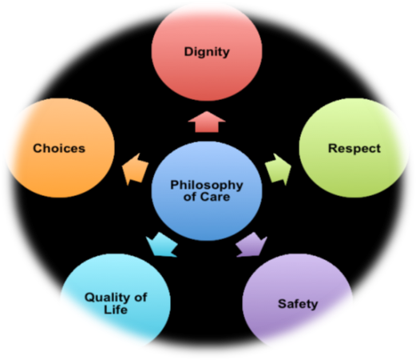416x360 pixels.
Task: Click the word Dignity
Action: click(x=207, y=52)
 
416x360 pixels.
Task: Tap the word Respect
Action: click(x=355, y=149)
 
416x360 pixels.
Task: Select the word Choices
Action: click(x=59, y=148)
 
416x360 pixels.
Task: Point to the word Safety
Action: click(x=298, y=304)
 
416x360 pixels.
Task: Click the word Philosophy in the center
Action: click(x=207, y=185)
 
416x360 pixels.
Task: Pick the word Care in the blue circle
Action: click(x=215, y=197)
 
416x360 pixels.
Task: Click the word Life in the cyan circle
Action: click(x=116, y=310)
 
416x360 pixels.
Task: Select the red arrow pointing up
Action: click(x=207, y=122)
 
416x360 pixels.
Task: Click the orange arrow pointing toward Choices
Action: click(x=135, y=170)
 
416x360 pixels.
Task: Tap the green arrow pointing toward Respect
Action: click(x=278, y=170)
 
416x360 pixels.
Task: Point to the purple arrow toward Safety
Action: click(x=252, y=245)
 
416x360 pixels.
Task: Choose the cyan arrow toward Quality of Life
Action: click(x=162, y=245)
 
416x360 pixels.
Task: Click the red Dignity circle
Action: click(x=207, y=53)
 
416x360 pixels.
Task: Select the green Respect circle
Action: click(x=354, y=148)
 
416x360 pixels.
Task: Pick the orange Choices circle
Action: click(x=60, y=148)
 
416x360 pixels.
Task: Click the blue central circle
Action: click(x=207, y=191)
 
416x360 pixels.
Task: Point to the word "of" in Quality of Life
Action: click(x=141, y=298)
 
